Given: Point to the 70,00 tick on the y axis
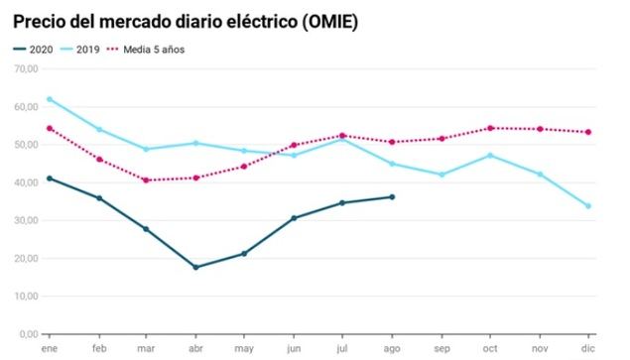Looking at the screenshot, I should pyautogui.click(x=24, y=68).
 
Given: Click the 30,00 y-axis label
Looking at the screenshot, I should pyautogui.click(x=24, y=220).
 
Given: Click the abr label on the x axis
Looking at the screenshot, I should pyautogui.click(x=195, y=349).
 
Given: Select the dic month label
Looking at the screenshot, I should pyautogui.click(x=588, y=349).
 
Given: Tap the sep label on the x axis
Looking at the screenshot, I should pyautogui.click(x=441, y=349).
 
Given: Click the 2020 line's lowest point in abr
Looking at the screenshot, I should pyautogui.click(x=195, y=267).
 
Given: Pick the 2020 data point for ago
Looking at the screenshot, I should pyautogui.click(x=392, y=196).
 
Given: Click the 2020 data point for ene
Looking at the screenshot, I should pyautogui.click(x=49, y=179).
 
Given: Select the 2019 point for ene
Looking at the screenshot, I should pyautogui.click(x=49, y=99).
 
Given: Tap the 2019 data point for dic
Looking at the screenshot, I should pyautogui.click(x=588, y=206).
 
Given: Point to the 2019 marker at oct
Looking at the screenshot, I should pyautogui.click(x=490, y=155).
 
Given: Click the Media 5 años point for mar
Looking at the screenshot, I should pyautogui.click(x=147, y=180).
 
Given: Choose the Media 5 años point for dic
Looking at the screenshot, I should pyautogui.click(x=588, y=132).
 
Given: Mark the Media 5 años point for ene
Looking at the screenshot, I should pyautogui.click(x=49, y=128).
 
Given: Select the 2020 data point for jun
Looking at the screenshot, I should pyautogui.click(x=294, y=218).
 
